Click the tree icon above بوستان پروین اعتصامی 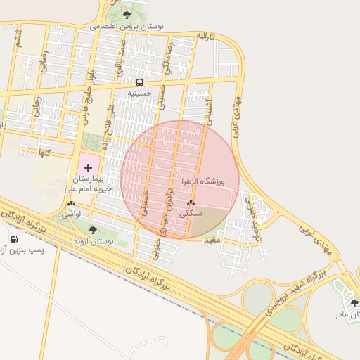point(127,14)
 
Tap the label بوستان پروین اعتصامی point(127,26)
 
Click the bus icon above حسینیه point(139,82)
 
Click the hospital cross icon point(88,167)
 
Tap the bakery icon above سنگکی point(191,202)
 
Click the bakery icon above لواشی point(70,203)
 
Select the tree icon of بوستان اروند point(94,230)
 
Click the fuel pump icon point(13,239)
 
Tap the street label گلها point(46,151)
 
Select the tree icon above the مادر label point(354,302)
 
